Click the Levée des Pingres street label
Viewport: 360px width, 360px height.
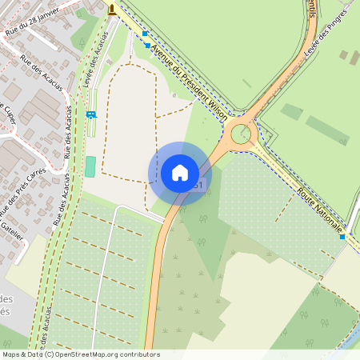click(x=326, y=33)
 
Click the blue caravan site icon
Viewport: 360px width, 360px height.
click(x=90, y=114)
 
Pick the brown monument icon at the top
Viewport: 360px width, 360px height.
click(x=111, y=10)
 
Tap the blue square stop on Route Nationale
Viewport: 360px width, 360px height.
click(x=342, y=237)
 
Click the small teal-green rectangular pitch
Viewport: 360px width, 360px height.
click(x=90, y=166)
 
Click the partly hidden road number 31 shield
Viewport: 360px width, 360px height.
click(x=198, y=186)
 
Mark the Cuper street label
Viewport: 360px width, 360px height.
click(x=10, y=115)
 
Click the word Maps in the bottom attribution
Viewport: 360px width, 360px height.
click(x=11, y=354)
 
